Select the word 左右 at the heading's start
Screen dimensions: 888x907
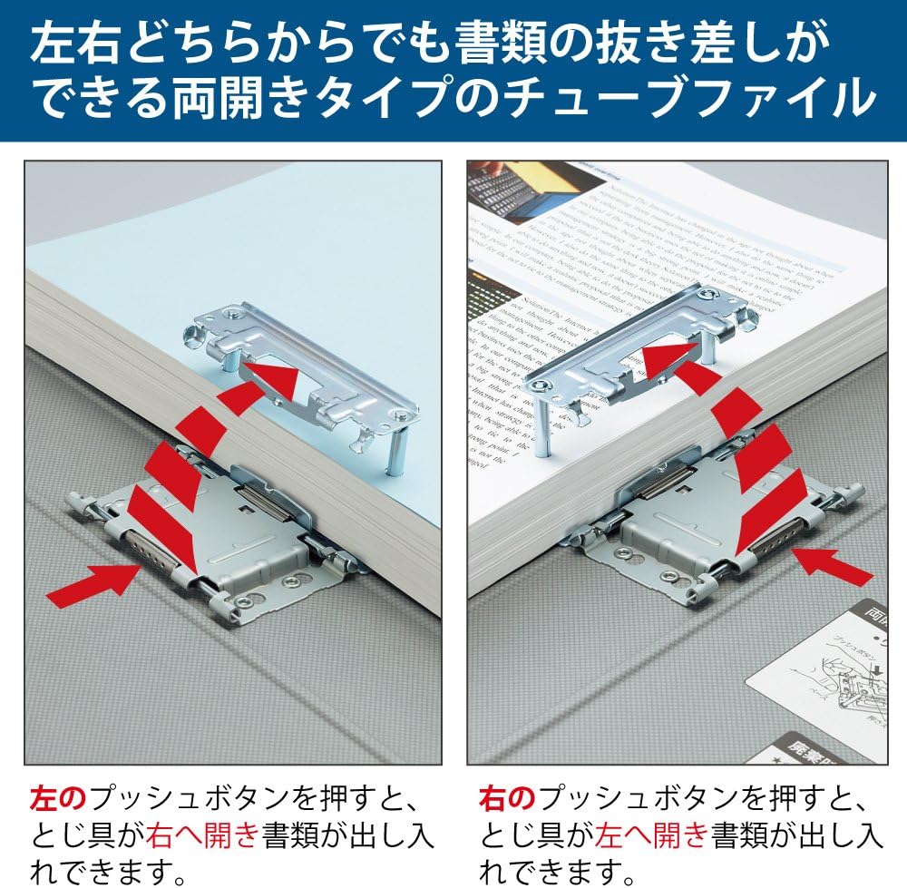click(71, 42)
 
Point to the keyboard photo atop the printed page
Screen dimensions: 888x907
click(514, 193)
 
